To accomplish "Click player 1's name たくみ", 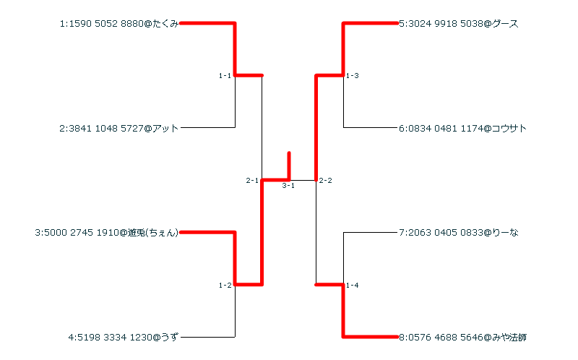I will click(165, 24).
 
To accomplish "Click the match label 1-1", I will click(225, 76).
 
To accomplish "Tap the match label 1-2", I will click(225, 286).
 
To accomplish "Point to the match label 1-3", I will click(352, 76).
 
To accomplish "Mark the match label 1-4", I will click(352, 286).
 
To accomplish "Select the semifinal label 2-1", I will click(252, 180).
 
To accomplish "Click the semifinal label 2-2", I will click(325, 180).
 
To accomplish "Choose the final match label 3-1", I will click(288, 187).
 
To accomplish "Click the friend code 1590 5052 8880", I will click(106, 24).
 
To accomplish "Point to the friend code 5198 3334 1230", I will click(113, 337).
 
